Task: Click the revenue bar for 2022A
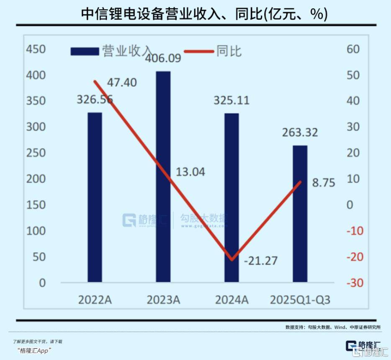click(95, 197)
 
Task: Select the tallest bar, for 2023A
click(163, 176)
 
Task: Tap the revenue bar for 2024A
click(232, 197)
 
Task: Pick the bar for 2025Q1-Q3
click(300, 213)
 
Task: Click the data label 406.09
click(163, 58)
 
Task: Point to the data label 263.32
click(300, 133)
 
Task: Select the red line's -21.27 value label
click(261, 261)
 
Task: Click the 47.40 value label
click(122, 83)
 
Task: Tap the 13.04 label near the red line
click(188, 171)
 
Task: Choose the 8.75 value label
click(324, 183)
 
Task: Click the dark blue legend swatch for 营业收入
click(84, 52)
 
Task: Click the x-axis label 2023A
click(163, 300)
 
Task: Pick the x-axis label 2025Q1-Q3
click(300, 300)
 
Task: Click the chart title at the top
click(204, 14)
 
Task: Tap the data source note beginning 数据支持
click(333, 327)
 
